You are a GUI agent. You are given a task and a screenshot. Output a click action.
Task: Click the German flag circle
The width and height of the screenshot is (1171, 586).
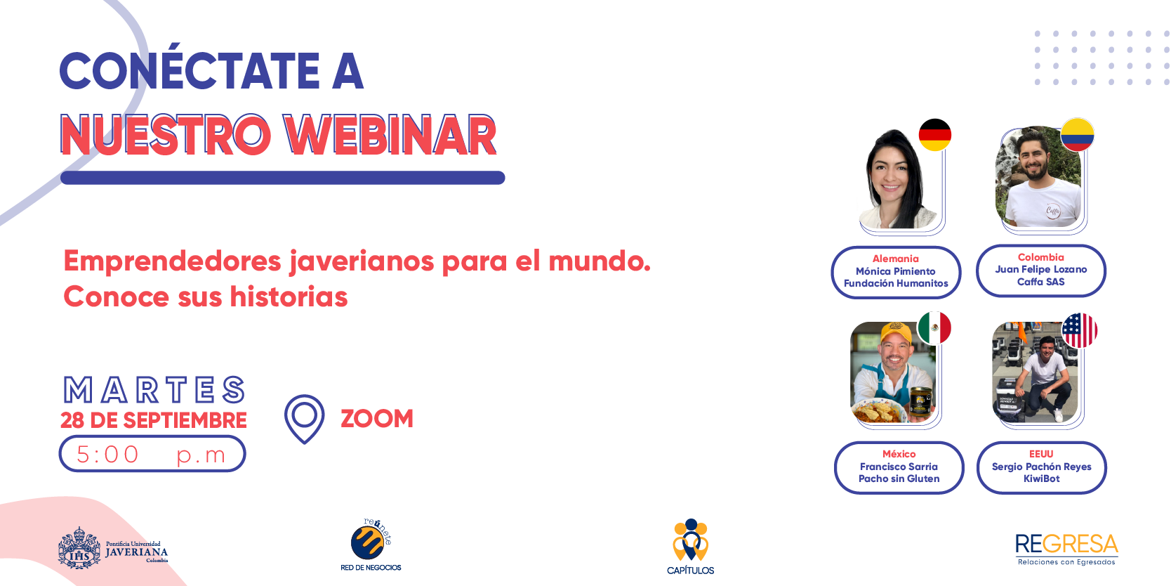[934, 135]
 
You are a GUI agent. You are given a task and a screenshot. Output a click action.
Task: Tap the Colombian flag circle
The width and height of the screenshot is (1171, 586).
[1077, 134]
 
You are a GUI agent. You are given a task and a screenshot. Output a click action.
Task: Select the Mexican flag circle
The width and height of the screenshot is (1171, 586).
[934, 328]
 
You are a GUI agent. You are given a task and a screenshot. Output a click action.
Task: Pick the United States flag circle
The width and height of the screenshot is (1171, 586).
[1080, 330]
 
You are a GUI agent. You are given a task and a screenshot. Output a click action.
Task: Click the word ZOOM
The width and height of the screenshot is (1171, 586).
[377, 419]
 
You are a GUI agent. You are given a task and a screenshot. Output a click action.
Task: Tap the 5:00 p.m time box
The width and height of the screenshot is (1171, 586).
[152, 454]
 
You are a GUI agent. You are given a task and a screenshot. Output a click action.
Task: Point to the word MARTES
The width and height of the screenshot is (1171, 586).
[154, 390]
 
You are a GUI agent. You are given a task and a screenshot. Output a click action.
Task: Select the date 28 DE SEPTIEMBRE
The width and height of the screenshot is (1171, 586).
[154, 421]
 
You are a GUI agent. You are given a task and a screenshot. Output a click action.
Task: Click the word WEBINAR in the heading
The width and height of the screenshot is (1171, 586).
[390, 136]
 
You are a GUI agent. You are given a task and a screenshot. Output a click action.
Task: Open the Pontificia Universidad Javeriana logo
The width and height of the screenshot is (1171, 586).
[113, 547]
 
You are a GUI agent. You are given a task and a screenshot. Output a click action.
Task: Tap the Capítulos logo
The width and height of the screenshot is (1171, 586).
[691, 546]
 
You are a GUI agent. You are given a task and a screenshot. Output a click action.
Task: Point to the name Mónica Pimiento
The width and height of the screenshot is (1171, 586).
[896, 271]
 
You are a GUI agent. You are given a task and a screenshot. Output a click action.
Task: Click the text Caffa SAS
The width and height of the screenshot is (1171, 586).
[1041, 282]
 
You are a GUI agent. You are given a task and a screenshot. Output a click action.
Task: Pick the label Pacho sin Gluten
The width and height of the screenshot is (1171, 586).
[899, 478]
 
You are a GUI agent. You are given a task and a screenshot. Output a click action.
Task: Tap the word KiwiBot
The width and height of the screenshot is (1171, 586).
[1041, 478]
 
